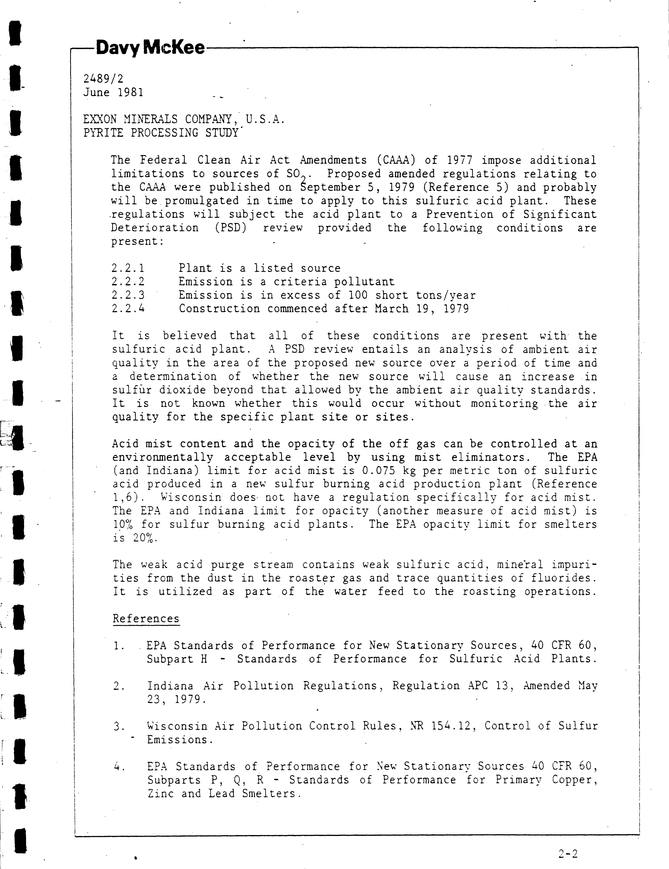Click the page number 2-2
[568, 853]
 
